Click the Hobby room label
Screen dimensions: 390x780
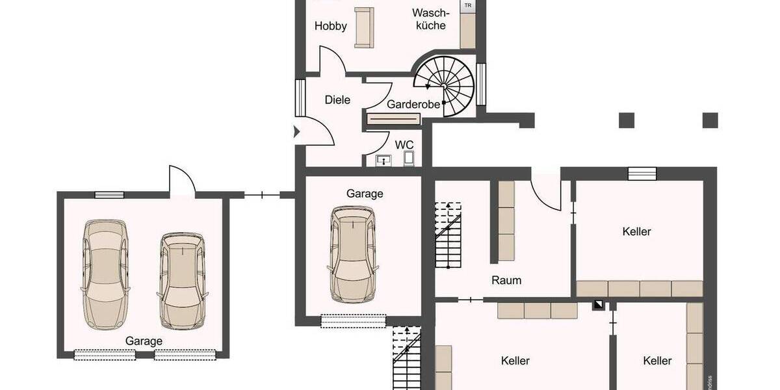pos(330,27)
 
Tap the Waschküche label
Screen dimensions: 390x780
pos(429,19)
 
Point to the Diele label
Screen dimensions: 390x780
pos(337,100)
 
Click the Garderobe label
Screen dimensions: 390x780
pos(413,105)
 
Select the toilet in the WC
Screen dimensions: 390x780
pos(409,158)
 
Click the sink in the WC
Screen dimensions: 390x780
pos(383,160)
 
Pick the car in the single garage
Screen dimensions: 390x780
pos(352,253)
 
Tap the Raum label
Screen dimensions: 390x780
pos(506,281)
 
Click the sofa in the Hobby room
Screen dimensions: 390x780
pos(363,27)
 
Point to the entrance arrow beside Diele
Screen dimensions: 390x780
pos(297,132)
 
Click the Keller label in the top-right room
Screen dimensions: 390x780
pos(636,231)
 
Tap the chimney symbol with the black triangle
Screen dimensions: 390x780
pos(597,305)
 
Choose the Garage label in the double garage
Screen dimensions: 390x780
pos(144,341)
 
